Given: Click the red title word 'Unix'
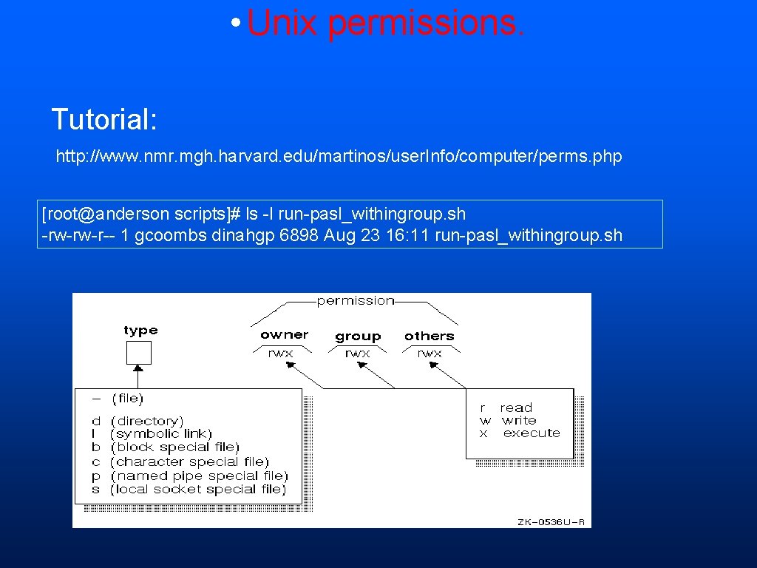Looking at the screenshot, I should (283, 23).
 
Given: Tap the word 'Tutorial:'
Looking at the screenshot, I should (104, 119).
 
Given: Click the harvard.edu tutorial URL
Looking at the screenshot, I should (339, 157).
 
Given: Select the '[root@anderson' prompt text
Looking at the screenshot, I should (106, 214).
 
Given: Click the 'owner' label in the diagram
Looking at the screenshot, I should (285, 335).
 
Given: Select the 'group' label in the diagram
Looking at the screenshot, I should (358, 337).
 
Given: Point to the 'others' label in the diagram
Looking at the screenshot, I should (429, 336).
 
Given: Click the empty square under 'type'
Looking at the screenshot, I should (139, 353).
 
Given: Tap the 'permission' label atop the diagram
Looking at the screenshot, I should (356, 300).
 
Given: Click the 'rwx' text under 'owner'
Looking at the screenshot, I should (281, 354).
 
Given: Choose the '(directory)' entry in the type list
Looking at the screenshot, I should (146, 421).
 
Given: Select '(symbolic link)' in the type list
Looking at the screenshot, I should (160, 434).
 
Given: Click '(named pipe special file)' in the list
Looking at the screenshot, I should (199, 476).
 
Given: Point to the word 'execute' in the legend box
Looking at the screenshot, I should (532, 433).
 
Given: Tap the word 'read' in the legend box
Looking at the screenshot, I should (516, 408).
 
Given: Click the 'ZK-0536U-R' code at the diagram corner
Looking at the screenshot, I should (551, 522).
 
